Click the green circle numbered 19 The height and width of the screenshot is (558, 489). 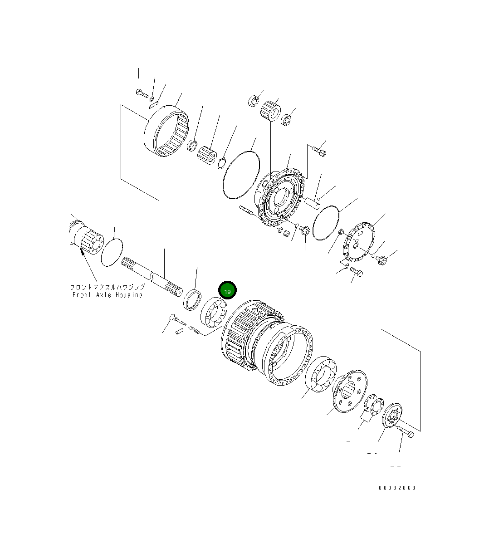227,290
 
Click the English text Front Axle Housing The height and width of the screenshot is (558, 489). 108,295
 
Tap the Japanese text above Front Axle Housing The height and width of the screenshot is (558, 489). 108,287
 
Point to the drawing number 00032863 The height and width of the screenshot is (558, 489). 397,488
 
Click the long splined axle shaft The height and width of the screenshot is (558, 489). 152,277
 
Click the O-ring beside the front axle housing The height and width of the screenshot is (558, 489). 112,252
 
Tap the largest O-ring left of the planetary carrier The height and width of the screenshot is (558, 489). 241,175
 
